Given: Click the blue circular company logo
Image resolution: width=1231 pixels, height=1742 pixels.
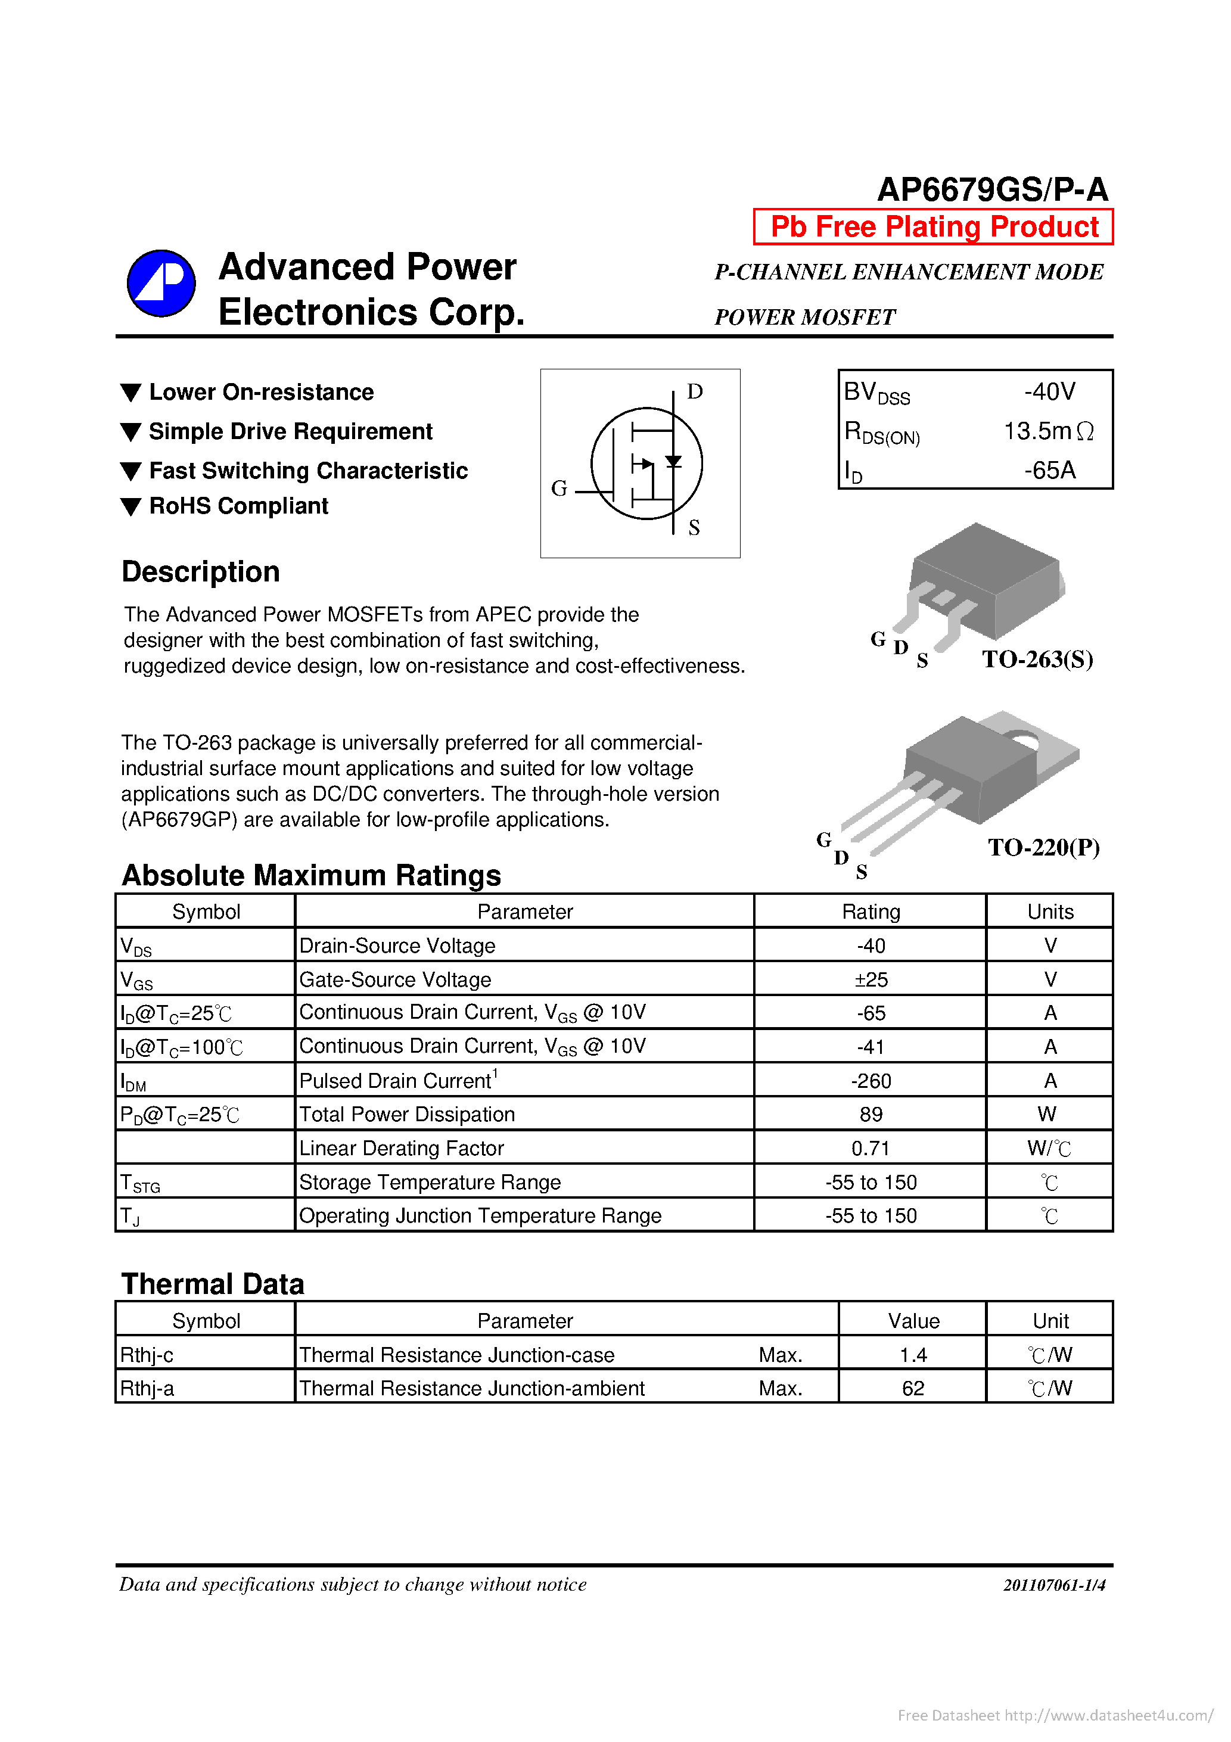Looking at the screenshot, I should pos(161,283).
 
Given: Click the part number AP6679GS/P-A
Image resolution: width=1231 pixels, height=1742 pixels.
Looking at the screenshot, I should pos(992,189).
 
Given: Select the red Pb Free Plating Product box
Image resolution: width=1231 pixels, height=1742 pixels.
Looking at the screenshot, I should pos(932,227).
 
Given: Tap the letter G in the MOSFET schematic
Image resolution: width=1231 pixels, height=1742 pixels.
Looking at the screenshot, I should pos(558,489).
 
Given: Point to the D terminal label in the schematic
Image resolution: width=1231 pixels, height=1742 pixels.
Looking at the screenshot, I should pos(694,391).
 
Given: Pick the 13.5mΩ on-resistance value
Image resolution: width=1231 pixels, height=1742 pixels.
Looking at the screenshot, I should pos(1048,431).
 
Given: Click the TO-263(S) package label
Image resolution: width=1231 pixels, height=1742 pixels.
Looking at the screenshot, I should pos(1037,658).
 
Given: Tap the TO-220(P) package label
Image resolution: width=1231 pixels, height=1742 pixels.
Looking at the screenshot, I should pos(1043,847).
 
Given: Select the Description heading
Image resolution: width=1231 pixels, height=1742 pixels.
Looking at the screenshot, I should pos(200,571).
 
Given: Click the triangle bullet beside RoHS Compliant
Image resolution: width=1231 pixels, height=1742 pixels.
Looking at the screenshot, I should pos(131,506).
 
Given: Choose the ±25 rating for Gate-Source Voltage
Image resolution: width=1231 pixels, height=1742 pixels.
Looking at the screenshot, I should pos(871,979).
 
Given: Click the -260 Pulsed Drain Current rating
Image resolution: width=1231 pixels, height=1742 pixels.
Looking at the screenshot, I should pos(871,1080).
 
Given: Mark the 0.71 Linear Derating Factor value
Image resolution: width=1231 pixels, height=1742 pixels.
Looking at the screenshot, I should pos(870,1148).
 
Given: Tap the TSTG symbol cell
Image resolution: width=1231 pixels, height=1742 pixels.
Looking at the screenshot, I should pos(141,1183).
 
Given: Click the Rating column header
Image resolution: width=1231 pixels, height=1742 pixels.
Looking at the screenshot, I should pos(871,911).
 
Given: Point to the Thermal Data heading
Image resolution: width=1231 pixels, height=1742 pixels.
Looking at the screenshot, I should pos(213,1284).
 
